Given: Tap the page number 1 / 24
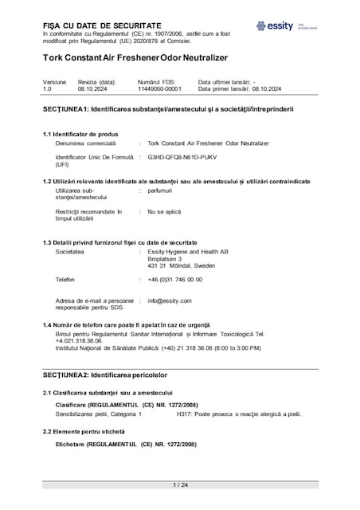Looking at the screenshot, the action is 179,484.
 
